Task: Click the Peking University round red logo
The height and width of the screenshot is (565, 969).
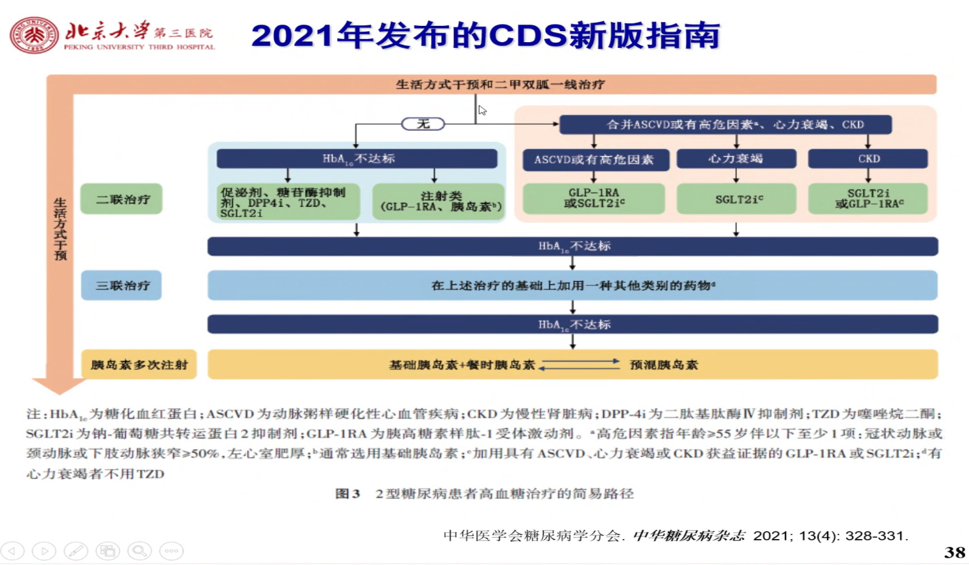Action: pos(34,35)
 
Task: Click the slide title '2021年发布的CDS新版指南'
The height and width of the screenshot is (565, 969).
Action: pos(485,36)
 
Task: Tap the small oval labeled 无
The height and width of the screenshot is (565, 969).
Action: pos(423,124)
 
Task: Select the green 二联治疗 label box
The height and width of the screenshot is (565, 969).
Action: pos(122,199)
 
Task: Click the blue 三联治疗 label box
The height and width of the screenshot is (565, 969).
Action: pos(122,285)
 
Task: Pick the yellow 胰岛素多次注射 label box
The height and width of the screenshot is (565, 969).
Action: pos(139,365)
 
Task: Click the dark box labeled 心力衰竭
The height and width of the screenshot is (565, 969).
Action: pos(736,159)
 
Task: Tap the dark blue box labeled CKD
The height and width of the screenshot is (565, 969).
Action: pos(868,159)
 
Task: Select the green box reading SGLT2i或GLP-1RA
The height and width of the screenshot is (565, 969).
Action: pos(868,199)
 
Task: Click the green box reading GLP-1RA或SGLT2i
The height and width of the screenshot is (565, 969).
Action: pos(594,199)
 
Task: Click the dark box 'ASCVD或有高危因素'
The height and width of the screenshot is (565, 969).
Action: pos(594,159)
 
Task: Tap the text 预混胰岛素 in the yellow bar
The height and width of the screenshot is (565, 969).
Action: pos(664,365)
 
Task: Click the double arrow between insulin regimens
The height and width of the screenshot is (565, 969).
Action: pos(580,365)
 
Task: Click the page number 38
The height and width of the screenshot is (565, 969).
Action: pos(954,552)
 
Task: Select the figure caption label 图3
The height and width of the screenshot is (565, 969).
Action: pos(347,494)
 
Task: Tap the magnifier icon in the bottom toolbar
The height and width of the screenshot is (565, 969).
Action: pos(139,551)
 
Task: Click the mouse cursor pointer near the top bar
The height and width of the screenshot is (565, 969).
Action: pos(482,110)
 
